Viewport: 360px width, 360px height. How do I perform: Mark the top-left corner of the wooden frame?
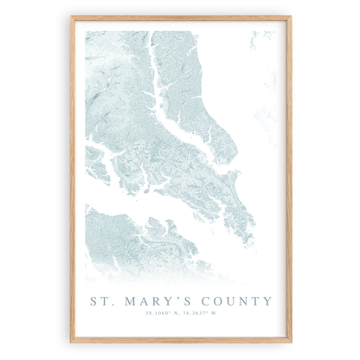coord(71,16)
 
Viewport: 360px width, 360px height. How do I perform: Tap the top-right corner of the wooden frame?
coord(292,16)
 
